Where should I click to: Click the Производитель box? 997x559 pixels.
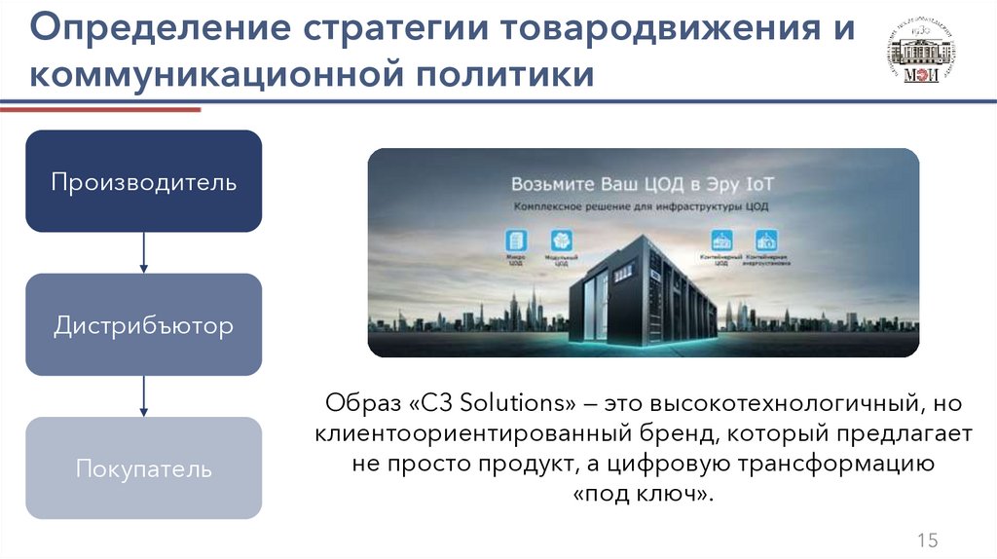pyautogui.click(x=143, y=181)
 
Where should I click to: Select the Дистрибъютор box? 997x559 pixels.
pyautogui.click(x=143, y=324)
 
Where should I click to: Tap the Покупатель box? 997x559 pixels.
pyautogui.click(x=143, y=468)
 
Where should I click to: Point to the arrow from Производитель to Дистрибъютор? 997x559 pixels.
pyautogui.click(x=144, y=252)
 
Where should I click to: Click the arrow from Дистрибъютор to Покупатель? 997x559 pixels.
pyautogui.click(x=144, y=396)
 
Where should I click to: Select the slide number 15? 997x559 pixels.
pyautogui.click(x=926, y=541)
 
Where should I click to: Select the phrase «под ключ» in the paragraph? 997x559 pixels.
pyautogui.click(x=643, y=495)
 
